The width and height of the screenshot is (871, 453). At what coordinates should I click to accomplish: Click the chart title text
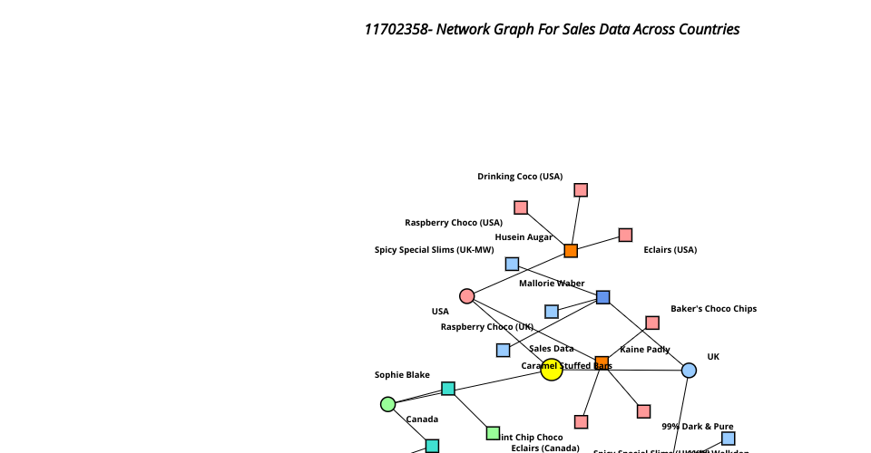point(552,29)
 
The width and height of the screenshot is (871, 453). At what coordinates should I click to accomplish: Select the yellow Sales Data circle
point(552,370)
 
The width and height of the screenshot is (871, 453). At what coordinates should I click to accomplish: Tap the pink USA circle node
point(467,296)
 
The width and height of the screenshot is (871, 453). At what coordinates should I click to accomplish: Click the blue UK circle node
point(689,371)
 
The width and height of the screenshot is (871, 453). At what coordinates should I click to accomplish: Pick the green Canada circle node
point(387,404)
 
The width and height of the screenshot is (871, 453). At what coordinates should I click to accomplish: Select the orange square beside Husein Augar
point(571,251)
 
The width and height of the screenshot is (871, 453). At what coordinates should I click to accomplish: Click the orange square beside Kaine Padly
point(602,363)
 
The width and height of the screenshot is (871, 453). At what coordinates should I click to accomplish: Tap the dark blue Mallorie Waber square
point(603,297)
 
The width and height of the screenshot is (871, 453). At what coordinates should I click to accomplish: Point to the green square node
point(493,433)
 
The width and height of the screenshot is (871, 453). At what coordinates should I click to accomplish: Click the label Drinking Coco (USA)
point(520,177)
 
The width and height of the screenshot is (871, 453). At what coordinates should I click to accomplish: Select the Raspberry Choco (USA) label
point(454,223)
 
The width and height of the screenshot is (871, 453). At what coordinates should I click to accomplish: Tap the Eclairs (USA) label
point(670,250)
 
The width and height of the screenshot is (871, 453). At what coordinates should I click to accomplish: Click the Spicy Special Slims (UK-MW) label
point(435,250)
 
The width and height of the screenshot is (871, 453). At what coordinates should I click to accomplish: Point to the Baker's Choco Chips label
point(713,309)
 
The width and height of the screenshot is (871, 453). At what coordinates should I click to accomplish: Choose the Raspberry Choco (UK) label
point(487,327)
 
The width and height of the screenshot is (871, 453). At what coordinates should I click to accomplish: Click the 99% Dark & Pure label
point(697,426)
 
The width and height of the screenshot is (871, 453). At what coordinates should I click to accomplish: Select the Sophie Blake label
point(402,375)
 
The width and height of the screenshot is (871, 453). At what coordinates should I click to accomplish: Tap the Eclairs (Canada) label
point(544,448)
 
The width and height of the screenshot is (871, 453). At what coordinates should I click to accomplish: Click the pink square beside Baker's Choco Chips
point(652,323)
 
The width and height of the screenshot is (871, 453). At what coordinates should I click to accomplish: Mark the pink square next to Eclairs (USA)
point(625,236)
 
